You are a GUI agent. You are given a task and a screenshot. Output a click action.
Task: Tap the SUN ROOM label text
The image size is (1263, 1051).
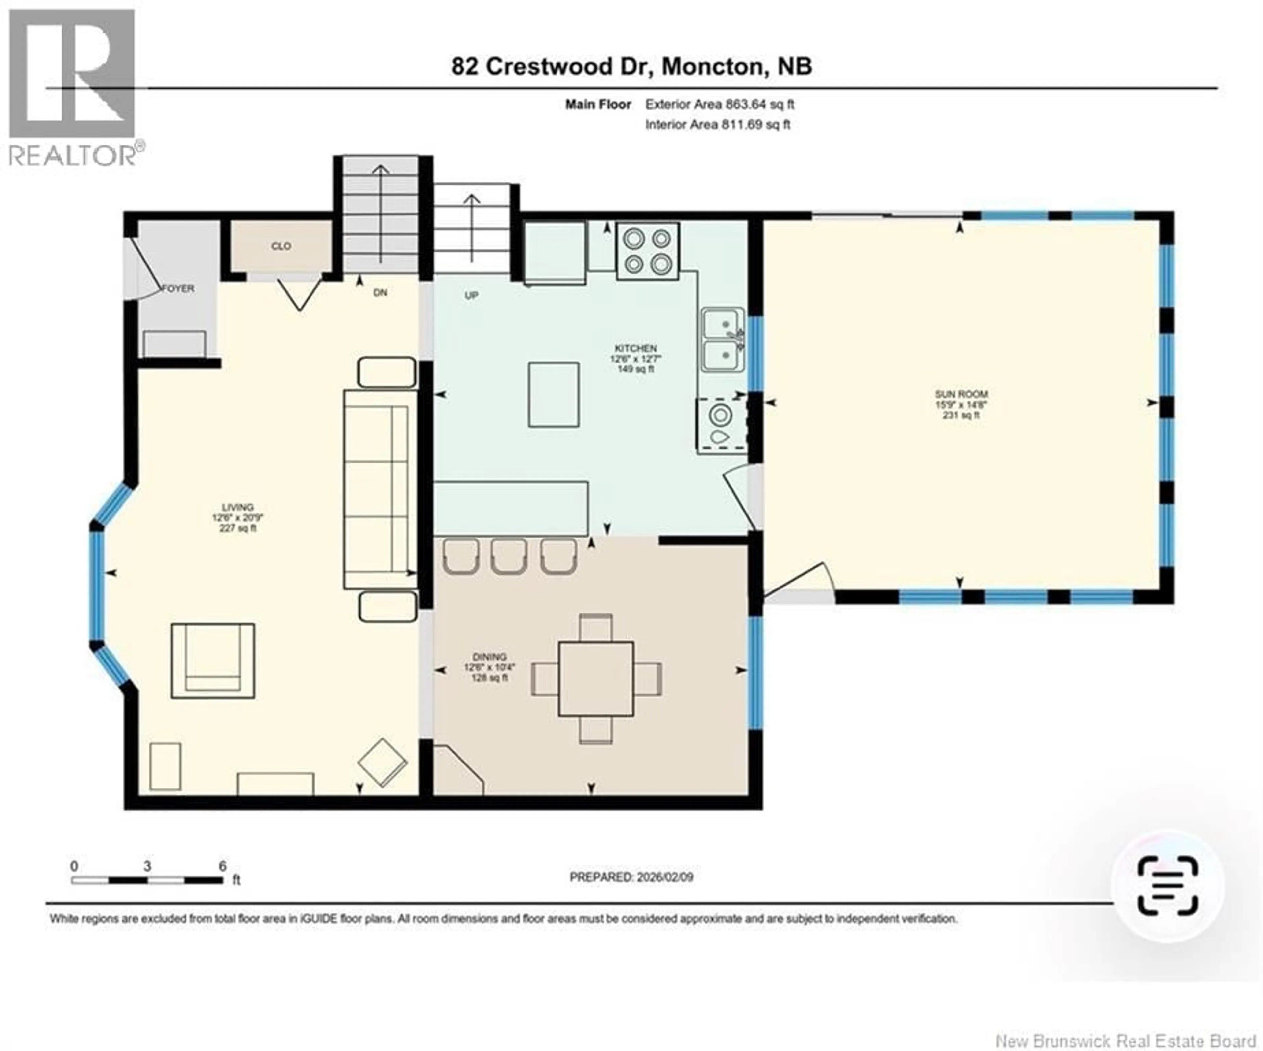click(x=961, y=394)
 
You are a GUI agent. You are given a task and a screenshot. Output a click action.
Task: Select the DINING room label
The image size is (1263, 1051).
click(x=489, y=657)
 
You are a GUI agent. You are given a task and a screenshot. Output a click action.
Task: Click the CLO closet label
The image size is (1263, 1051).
click(x=281, y=246)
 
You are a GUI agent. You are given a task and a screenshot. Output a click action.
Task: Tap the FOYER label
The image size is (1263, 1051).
click(x=179, y=289)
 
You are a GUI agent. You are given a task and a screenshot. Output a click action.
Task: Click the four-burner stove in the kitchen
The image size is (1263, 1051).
click(x=647, y=251)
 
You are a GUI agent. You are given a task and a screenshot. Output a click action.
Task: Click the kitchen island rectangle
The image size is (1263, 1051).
click(x=553, y=395)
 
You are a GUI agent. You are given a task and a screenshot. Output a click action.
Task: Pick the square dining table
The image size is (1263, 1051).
click(x=595, y=679)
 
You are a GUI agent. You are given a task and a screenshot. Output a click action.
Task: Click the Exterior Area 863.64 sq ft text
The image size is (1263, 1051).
click(x=719, y=104)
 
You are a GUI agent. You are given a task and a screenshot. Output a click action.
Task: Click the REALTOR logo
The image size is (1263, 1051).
click(x=72, y=87)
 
